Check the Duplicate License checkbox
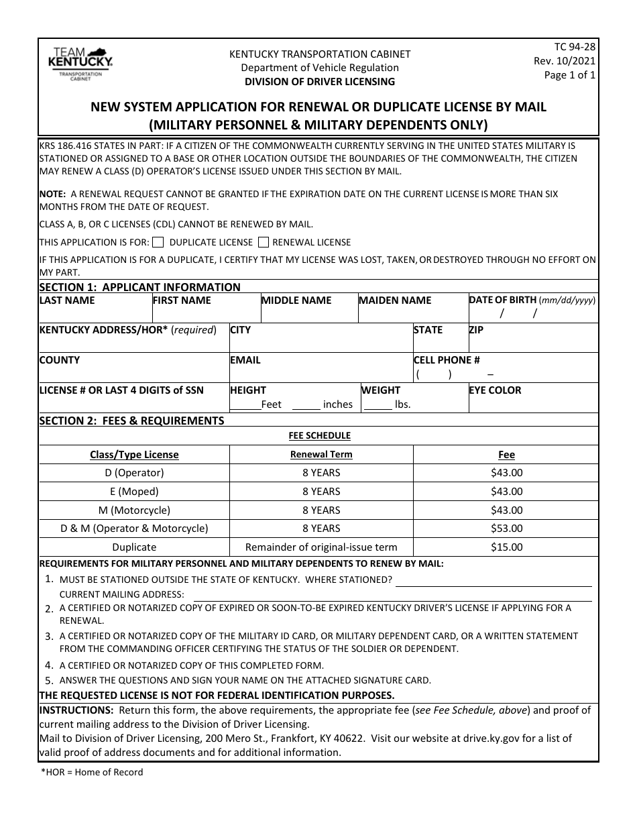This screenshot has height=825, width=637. [x=158, y=242]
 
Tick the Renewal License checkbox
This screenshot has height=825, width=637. [x=264, y=242]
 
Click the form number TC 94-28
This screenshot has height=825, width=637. [x=575, y=47]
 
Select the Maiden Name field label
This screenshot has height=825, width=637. [x=396, y=300]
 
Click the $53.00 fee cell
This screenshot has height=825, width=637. [x=506, y=529]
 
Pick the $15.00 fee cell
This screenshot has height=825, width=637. [x=506, y=547]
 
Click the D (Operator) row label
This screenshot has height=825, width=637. [x=134, y=473]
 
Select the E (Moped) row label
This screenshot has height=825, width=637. [x=134, y=492]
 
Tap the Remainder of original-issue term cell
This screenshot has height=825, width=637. [x=321, y=547]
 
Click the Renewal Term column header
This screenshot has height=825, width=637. [x=321, y=454]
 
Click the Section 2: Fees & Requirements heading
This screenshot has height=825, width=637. [x=131, y=421]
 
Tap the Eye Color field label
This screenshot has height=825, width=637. [x=496, y=390]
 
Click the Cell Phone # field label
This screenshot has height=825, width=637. [x=447, y=360]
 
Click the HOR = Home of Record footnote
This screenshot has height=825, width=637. [x=92, y=772]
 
